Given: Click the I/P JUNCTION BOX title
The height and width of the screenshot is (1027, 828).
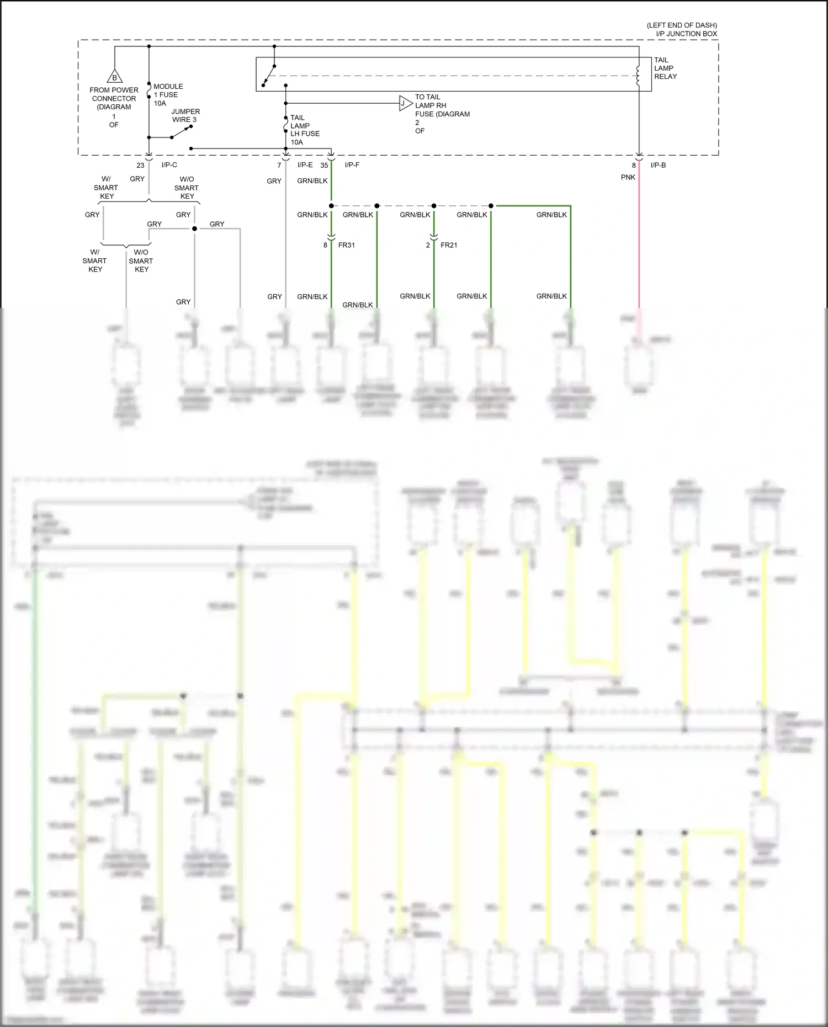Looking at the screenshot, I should point(686,34).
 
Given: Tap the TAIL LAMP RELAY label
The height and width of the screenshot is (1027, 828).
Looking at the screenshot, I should point(665,68).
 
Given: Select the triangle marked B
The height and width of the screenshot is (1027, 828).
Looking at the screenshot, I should point(115,77).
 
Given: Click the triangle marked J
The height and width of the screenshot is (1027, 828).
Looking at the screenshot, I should point(405,103).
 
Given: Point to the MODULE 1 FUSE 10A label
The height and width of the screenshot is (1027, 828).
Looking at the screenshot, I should point(168,95).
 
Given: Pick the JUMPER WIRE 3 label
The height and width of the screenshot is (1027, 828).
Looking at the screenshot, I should point(185,115).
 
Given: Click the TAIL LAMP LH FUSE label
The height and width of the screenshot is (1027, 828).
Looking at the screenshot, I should point(304,130).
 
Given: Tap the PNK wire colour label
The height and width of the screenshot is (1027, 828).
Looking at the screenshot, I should point(628,177).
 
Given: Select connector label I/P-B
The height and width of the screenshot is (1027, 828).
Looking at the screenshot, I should point(658,165).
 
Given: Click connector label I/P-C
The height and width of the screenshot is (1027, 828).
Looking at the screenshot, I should point(169,165).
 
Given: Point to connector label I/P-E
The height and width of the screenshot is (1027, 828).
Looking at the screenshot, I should point(305,165).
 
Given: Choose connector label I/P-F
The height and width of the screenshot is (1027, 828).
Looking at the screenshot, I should point(352,165).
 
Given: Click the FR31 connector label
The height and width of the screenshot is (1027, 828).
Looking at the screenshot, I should point(346,245).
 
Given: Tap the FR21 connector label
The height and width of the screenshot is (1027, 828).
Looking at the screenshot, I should point(449,245).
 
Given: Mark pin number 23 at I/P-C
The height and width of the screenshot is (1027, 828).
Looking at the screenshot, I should point(140,165).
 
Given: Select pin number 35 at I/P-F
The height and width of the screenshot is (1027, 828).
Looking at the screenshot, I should point(324,165).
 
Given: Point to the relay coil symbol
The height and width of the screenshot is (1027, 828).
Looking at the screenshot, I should point(639,76).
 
